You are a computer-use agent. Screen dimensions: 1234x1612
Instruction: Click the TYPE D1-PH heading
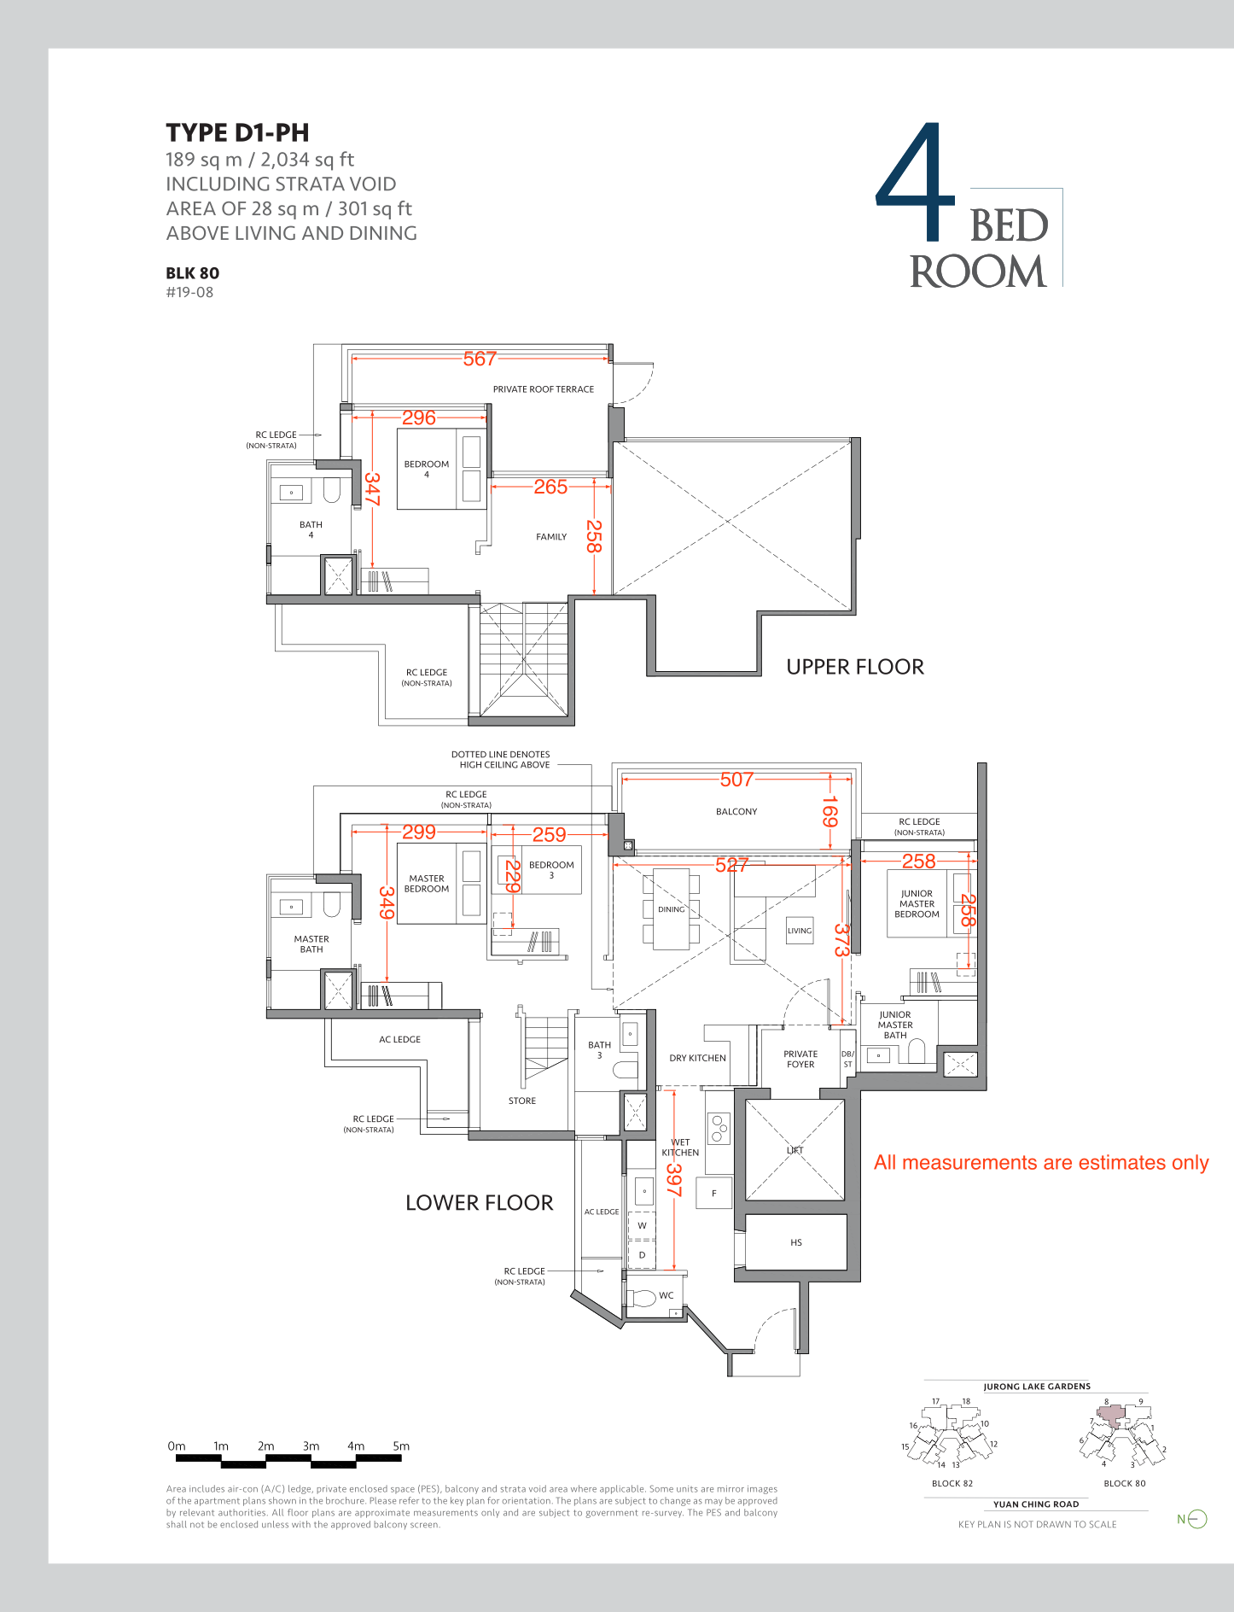[x=237, y=133]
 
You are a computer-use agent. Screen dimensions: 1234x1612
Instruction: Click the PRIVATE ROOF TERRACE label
[x=544, y=389]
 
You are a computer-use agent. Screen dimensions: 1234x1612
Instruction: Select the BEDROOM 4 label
[x=427, y=469]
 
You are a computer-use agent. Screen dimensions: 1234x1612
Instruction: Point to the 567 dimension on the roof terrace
[x=480, y=359]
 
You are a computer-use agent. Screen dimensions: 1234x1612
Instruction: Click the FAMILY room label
[x=551, y=537]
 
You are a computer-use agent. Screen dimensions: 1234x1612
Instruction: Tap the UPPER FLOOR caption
[x=855, y=667]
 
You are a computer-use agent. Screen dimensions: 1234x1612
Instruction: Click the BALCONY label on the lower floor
[x=736, y=812]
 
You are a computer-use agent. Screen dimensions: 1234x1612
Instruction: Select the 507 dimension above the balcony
[x=736, y=780]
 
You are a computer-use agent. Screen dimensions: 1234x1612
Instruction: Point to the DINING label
[x=672, y=909]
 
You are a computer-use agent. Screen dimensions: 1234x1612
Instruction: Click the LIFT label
[x=795, y=1150]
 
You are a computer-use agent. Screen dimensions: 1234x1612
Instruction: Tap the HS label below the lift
[x=796, y=1242]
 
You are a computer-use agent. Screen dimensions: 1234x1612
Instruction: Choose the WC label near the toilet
[x=666, y=1295]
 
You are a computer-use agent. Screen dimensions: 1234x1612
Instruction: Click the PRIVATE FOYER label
[x=800, y=1060]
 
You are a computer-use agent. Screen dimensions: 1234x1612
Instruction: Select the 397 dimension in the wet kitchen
[x=673, y=1180]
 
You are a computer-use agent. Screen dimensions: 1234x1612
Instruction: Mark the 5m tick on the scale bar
[x=401, y=1446]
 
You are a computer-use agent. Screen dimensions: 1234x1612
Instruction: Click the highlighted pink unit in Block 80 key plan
[x=1109, y=1415]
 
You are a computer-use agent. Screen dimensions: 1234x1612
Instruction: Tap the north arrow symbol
[x=1197, y=1519]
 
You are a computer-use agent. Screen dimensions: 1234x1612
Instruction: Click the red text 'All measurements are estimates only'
[x=1041, y=1163]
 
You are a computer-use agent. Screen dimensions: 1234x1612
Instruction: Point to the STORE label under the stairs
[x=522, y=1101]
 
